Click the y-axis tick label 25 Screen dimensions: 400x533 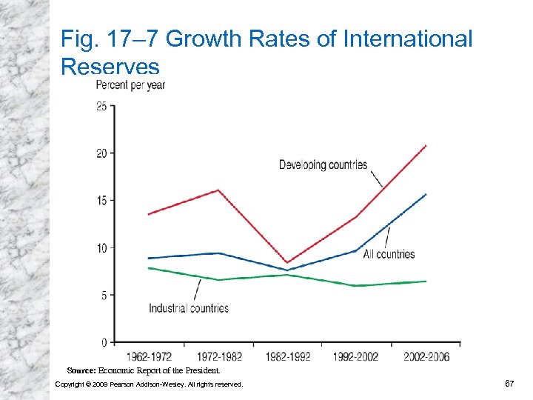pyautogui.click(x=101, y=106)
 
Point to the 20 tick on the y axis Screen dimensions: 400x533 pyautogui.click(x=101, y=153)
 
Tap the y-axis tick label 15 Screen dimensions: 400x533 pyautogui.click(x=101, y=201)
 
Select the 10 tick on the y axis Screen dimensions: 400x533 pyautogui.click(x=101, y=247)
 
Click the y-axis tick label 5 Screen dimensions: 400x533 pyautogui.click(x=104, y=295)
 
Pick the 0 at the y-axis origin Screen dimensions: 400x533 pyautogui.click(x=104, y=342)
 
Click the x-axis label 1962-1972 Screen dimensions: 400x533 pyautogui.click(x=149, y=356)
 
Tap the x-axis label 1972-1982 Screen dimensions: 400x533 pyautogui.click(x=218, y=356)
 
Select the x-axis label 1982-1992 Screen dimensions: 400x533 pyautogui.click(x=288, y=356)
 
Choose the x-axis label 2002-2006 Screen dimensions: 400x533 pyautogui.click(x=426, y=356)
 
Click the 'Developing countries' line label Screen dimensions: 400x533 pyautogui.click(x=323, y=164)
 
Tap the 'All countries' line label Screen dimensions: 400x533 pyautogui.click(x=389, y=254)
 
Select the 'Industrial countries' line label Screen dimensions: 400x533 pyautogui.click(x=189, y=308)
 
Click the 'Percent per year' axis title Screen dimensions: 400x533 pyautogui.click(x=131, y=85)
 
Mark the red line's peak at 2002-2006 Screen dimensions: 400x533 pyautogui.click(x=426, y=145)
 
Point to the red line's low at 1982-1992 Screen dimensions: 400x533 pyautogui.click(x=288, y=263)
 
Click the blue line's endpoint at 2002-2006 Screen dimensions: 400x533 pyautogui.click(x=426, y=194)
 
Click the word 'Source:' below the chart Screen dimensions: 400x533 pyautogui.click(x=81, y=370)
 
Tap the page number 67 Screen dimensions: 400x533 pyautogui.click(x=509, y=383)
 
